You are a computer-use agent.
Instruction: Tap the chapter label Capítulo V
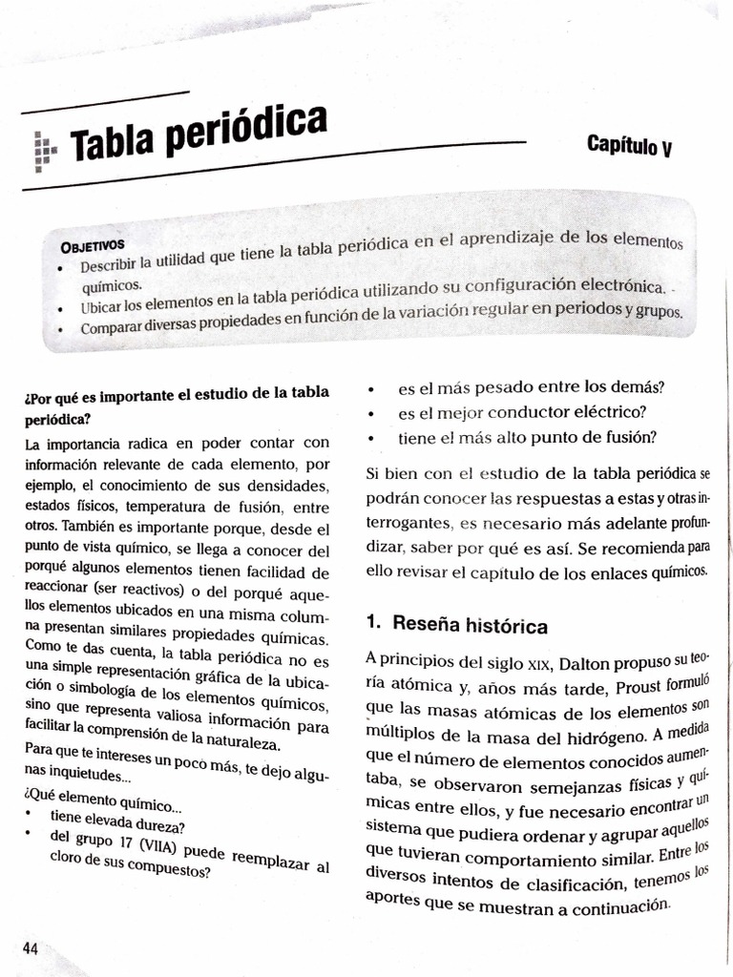point(630,146)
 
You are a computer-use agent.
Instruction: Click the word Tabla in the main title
point(115,143)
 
